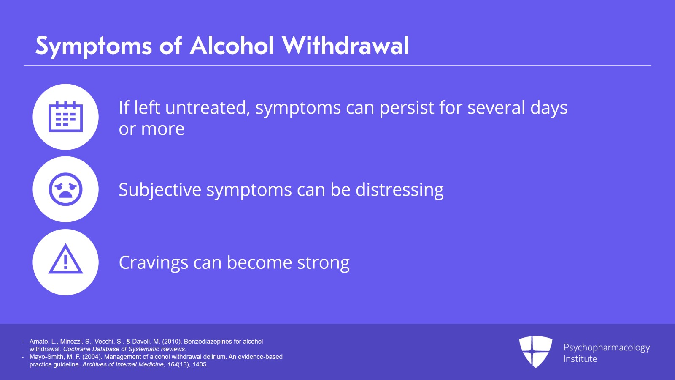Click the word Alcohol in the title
click(x=232, y=46)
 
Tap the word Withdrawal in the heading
click(x=345, y=46)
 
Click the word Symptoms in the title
click(x=93, y=46)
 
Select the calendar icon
click(x=65, y=117)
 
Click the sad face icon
click(x=65, y=189)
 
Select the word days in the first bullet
click(x=548, y=109)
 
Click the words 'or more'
click(x=151, y=129)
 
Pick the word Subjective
click(x=159, y=190)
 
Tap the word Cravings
click(x=153, y=263)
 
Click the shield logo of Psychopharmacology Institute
click(x=535, y=351)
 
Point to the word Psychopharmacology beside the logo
click(x=606, y=347)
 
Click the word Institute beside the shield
click(x=580, y=359)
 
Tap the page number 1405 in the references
click(x=200, y=364)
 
